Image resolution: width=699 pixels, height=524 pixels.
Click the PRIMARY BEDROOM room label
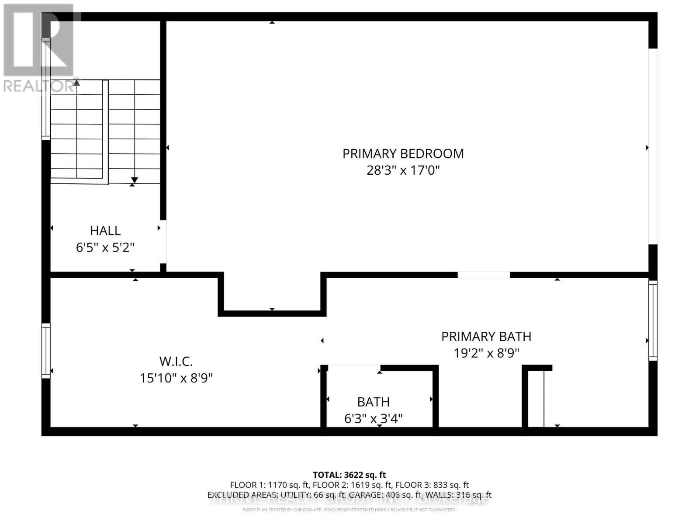tap(403, 153)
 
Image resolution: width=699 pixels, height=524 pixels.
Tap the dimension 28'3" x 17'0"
tap(403, 170)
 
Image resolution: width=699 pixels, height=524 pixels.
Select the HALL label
tap(105, 231)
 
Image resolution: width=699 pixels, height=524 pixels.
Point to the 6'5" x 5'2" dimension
tap(105, 248)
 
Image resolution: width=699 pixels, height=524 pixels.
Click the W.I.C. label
tap(176, 361)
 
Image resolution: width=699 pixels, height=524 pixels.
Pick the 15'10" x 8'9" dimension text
tap(176, 378)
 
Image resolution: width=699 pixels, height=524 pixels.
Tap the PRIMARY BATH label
tap(486, 336)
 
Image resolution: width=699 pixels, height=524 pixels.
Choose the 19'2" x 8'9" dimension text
tap(486, 353)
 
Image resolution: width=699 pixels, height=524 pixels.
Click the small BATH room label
tap(373, 402)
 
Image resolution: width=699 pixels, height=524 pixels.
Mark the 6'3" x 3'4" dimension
tap(373, 419)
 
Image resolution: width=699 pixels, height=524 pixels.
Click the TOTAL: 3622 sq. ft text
tap(349, 475)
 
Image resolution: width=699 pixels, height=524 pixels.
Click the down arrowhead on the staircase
tap(135, 180)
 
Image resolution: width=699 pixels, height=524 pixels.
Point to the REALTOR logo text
tap(39, 86)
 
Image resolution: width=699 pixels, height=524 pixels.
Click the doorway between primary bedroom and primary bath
tap(484, 275)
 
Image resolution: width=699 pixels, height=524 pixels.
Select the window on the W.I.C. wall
tap(46, 351)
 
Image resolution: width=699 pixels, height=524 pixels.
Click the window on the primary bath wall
tap(653, 321)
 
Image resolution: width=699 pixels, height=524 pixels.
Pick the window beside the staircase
tap(46, 89)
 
